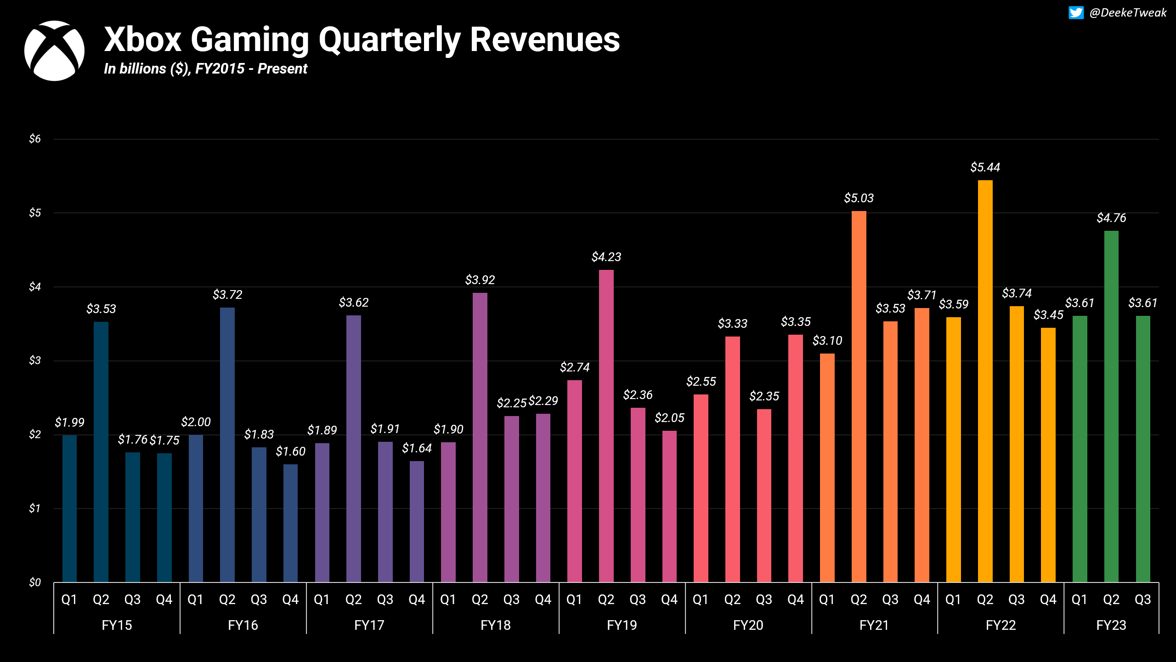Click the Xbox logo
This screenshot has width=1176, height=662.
pos(54,51)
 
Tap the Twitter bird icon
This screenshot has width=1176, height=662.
pos(1076,13)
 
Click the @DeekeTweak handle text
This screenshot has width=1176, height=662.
pos(1128,13)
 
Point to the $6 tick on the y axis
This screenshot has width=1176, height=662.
pos(35,139)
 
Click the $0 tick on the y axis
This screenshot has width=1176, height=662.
pos(35,582)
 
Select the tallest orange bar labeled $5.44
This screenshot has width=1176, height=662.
pos(985,382)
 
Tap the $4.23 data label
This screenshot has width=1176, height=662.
pos(606,257)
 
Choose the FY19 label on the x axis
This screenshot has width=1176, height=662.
pos(622,625)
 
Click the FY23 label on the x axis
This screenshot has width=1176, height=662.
pos(1111,625)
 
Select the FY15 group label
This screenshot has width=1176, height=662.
pos(117,625)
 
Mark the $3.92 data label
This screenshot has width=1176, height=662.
pos(480,280)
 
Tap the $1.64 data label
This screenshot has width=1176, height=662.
pos(417,448)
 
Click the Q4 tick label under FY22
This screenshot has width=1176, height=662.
pos(1048,599)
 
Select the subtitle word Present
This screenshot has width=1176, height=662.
pos(282,69)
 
